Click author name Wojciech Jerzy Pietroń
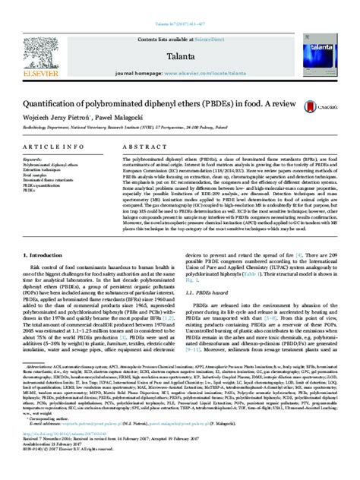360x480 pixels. (69, 122)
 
